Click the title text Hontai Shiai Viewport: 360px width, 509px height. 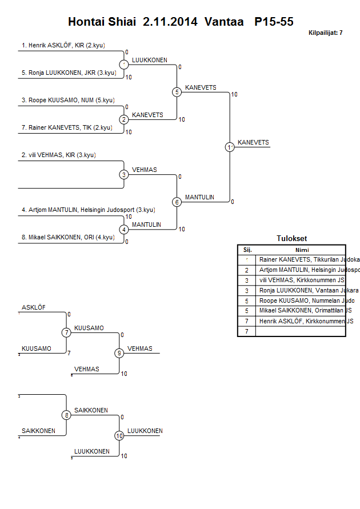pyautogui.click(x=102, y=22)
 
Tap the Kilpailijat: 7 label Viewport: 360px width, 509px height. pyautogui.click(x=325, y=33)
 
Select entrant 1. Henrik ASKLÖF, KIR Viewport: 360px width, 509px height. pyautogui.click(x=63, y=45)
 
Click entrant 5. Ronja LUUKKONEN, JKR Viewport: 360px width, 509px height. pyautogui.click(x=69, y=73)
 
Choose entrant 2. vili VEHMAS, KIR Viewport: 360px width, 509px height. pyautogui.click(x=58, y=155)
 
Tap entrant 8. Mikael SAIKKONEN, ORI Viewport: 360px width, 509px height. pyautogui.click(x=67, y=237)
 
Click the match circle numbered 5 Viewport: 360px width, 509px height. pyautogui.click(x=177, y=92)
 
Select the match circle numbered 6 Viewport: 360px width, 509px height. pyautogui.click(x=177, y=202)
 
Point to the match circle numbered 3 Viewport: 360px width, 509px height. pyautogui.click(x=124, y=174)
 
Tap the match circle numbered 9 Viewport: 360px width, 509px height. pyautogui.click(x=119, y=353)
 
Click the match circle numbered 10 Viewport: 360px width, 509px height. pyautogui.click(x=119, y=436)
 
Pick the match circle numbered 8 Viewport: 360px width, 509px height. pyautogui.click(x=66, y=415)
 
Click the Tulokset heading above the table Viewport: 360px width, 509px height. pyautogui.click(x=291, y=239)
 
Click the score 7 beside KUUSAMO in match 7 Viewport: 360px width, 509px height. pyautogui.click(x=69, y=353)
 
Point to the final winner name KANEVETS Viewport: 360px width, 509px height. pyautogui.click(x=253, y=142)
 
